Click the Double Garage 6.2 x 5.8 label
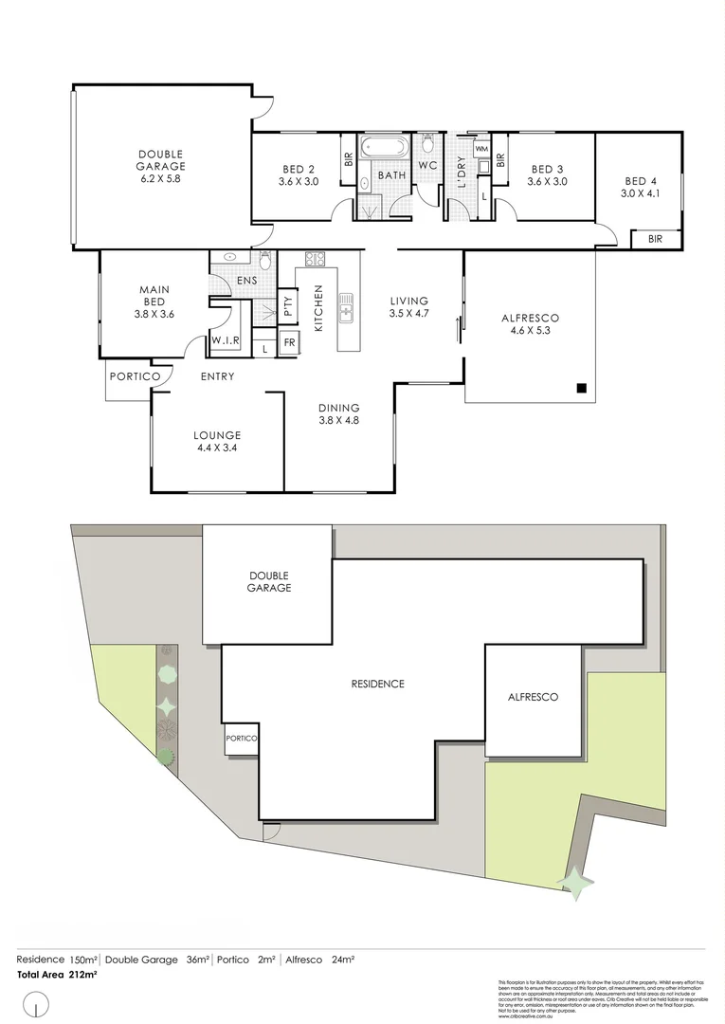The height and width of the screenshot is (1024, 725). coord(160,166)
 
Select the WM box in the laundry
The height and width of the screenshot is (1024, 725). coord(480,149)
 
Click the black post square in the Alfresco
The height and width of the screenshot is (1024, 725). coord(582,387)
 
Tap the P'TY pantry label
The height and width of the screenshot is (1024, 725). coord(287,307)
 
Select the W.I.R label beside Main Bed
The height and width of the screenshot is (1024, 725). coord(225,340)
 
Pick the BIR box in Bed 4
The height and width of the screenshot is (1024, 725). coord(655,240)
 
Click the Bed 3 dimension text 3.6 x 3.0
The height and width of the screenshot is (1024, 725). coord(547,181)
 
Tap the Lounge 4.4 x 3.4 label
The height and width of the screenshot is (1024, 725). coord(218,442)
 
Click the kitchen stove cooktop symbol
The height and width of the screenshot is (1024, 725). coord(316,258)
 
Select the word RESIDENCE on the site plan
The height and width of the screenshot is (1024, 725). coord(377,684)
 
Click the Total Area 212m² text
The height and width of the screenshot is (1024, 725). coord(57,974)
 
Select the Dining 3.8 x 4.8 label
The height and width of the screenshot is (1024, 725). coord(338,413)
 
